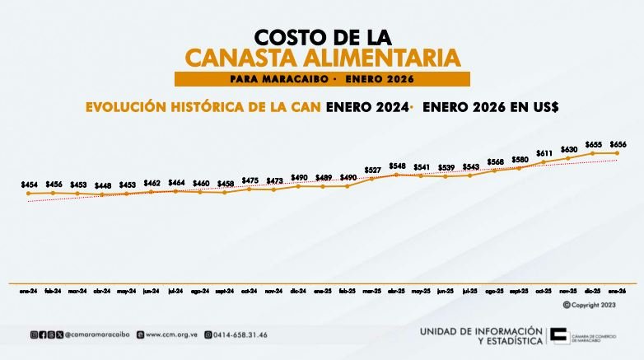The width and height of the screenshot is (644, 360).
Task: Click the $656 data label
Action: (x=617, y=144)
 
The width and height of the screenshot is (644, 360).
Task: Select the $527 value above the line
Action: (x=372, y=170)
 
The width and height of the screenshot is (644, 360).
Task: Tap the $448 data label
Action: (x=102, y=185)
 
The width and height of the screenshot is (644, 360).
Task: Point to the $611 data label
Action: (x=544, y=153)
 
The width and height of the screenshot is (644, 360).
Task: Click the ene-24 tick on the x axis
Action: (x=29, y=291)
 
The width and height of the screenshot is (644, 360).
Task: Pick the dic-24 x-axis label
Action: (x=298, y=291)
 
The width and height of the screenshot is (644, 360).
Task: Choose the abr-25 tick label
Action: (x=396, y=291)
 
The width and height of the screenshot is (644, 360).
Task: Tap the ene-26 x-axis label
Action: (x=617, y=291)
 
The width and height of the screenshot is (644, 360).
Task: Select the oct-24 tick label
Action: (x=249, y=291)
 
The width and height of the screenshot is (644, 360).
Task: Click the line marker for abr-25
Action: (x=396, y=174)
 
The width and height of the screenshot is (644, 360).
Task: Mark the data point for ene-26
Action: (x=617, y=152)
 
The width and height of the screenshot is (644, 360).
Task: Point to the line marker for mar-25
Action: (x=372, y=178)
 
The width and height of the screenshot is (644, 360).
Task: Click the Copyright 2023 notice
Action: (x=590, y=305)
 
